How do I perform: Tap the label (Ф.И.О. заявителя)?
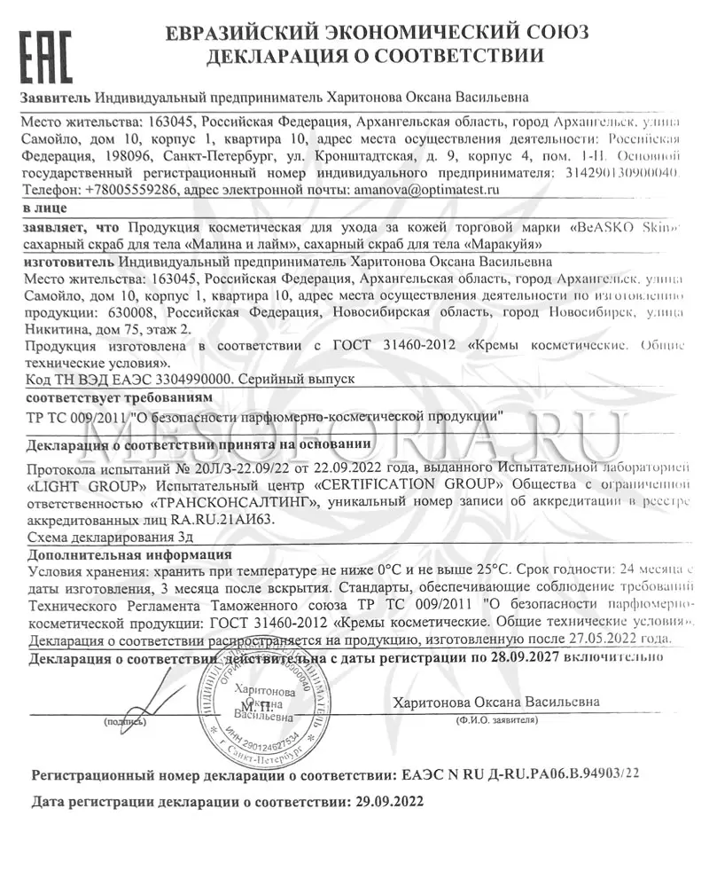click(494, 722)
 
